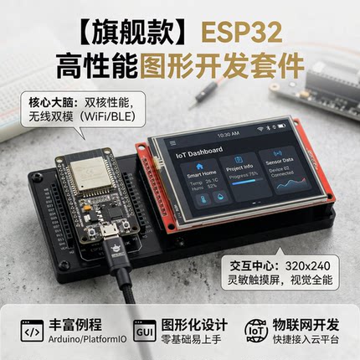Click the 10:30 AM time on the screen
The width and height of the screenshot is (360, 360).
point(227,134)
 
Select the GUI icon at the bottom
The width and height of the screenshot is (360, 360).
point(144,332)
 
